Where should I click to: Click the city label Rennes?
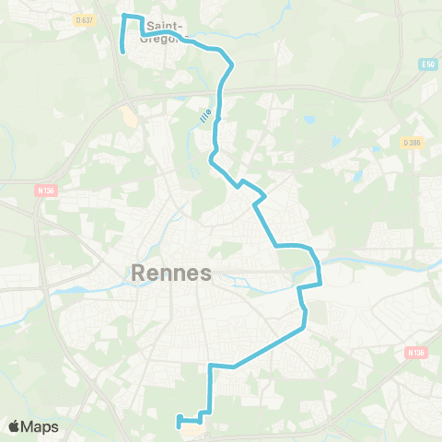(172, 273)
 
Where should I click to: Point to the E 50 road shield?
(426, 64)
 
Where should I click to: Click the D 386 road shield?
(412, 142)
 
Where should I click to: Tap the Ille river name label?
(204, 116)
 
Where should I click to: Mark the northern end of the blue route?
(122, 52)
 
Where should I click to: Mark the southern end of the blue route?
(178, 425)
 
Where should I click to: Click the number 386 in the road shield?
(414, 142)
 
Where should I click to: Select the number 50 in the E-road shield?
(429, 64)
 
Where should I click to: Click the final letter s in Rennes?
(206, 273)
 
